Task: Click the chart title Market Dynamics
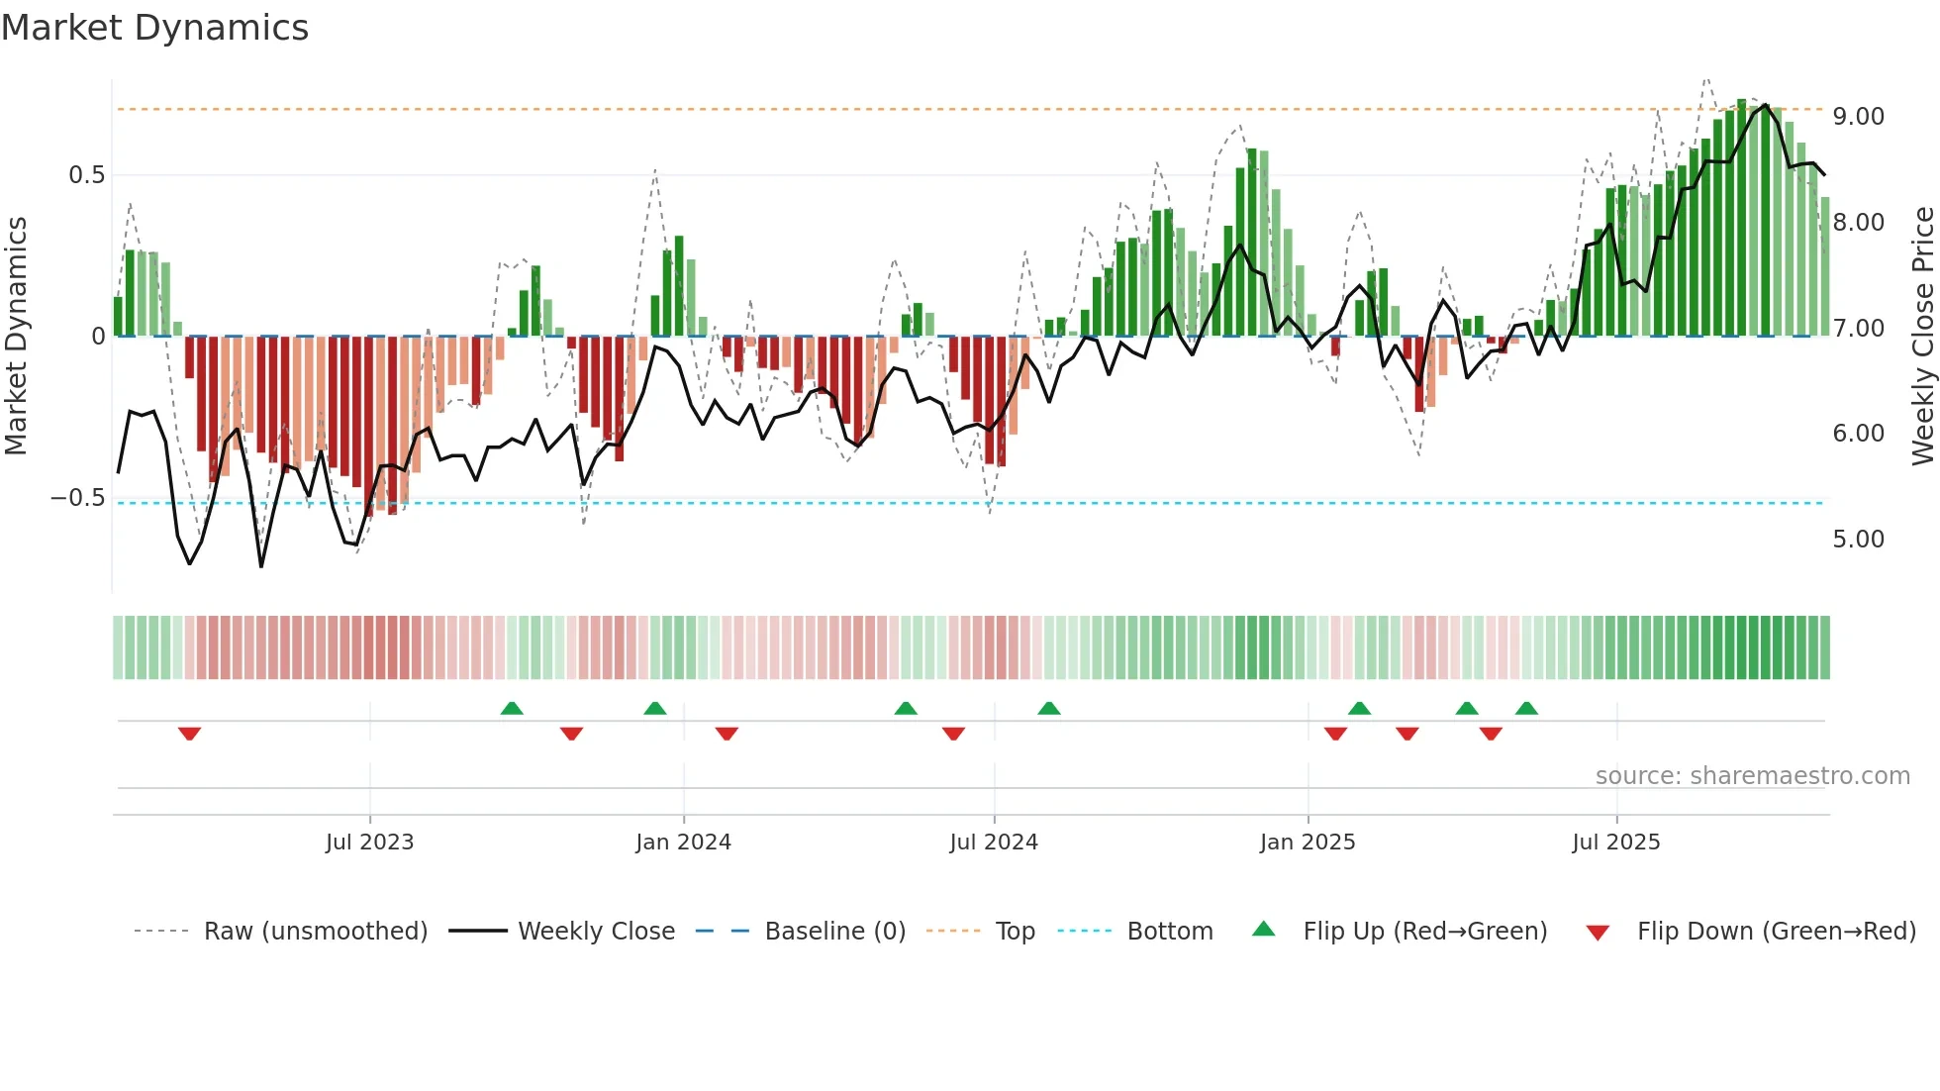click(154, 28)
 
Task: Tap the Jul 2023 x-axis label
click(369, 843)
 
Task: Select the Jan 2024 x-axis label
click(683, 843)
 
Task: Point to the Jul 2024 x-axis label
click(994, 843)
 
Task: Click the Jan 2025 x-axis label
click(1308, 843)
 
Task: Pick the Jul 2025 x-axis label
click(1616, 843)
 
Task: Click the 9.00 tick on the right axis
click(1858, 117)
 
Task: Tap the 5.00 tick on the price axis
click(1858, 540)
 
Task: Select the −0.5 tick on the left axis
click(78, 498)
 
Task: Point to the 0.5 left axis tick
click(87, 175)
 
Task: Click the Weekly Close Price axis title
click(1922, 337)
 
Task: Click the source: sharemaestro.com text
click(1752, 776)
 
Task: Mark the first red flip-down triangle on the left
click(190, 734)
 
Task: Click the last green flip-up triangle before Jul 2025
click(1526, 708)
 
